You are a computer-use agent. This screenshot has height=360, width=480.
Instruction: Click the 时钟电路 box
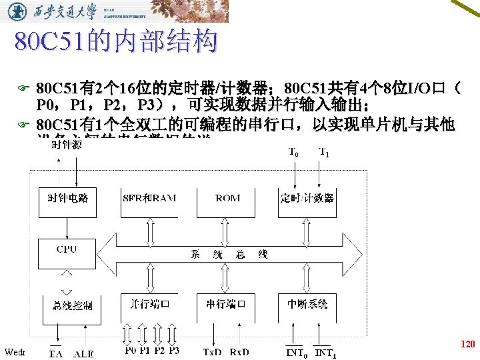coord(68,198)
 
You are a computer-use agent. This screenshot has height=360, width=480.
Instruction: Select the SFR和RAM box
coord(149,198)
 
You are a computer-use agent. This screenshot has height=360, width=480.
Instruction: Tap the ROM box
coord(229,198)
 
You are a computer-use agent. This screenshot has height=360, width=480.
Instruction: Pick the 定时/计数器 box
coord(307,198)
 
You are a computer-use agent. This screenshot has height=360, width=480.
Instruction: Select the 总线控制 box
coord(72,305)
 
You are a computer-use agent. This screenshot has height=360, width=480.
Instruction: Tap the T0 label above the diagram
coord(293,152)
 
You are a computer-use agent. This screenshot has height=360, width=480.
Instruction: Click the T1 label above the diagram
coord(323,152)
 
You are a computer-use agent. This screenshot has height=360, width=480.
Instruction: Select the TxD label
coord(213,352)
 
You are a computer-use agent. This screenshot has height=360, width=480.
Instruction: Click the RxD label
coord(239,352)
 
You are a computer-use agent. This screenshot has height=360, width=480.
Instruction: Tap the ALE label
coord(84,354)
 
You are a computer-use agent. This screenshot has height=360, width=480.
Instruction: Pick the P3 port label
coord(173,351)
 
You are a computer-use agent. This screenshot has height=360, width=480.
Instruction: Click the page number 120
coord(467,345)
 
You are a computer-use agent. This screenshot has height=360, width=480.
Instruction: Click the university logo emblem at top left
coord(20,11)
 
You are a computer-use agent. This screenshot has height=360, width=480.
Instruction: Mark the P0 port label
coord(130,351)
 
